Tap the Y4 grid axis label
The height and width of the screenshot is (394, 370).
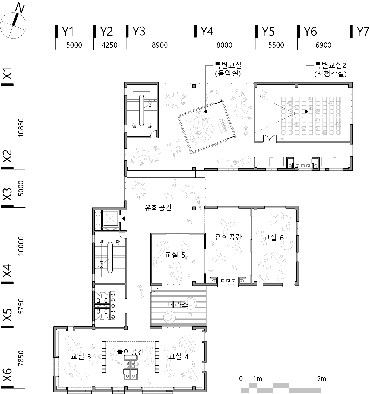click(207, 31)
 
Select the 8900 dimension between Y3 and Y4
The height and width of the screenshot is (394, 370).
click(160, 45)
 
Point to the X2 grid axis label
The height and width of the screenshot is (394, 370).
click(7, 156)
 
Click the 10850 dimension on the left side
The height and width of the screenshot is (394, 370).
click(21, 128)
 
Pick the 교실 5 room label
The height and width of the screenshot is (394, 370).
click(175, 255)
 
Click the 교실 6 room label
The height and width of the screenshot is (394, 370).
click(273, 237)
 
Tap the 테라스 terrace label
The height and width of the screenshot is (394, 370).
click(178, 304)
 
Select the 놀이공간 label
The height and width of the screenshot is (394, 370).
click(130, 352)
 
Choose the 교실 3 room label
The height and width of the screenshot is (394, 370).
click(81, 356)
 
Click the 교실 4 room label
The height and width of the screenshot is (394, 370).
click(178, 356)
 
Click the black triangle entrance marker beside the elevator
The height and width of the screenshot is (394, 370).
click(124, 219)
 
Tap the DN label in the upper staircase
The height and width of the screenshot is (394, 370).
click(134, 127)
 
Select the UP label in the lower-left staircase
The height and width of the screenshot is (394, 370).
click(102, 241)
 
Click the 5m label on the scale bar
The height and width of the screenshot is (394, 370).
click(321, 379)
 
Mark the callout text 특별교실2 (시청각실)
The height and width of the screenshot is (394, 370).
click(330, 69)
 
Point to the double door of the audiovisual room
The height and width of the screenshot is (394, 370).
click(270, 138)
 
